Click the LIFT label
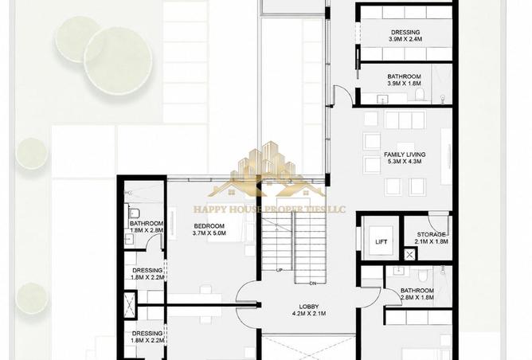click(381, 242)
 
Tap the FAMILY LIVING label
click(405, 155)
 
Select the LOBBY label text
click(309, 307)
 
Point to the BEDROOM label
click(209, 226)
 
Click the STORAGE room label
click(431, 234)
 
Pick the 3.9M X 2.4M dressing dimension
click(405, 39)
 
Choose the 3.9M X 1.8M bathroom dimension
click(404, 84)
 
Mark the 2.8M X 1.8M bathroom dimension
click(417, 298)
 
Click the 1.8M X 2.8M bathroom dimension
click(147, 230)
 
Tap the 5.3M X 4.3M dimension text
click(405, 162)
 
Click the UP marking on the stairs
click(280, 270)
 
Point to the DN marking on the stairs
click(313, 283)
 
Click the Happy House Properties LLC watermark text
click(269, 209)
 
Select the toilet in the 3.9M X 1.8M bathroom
click(420, 95)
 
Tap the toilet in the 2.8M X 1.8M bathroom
click(423, 274)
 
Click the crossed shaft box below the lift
click(409, 255)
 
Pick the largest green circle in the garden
click(118, 61)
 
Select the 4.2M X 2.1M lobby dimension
click(309, 314)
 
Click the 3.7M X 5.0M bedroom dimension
click(209, 233)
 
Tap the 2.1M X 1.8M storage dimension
click(431, 241)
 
